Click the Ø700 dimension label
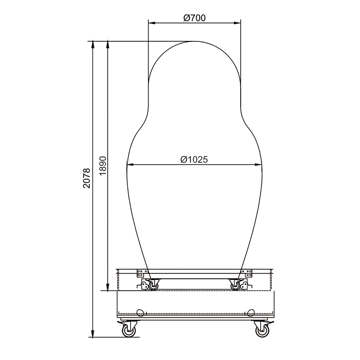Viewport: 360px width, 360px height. [x=194, y=18]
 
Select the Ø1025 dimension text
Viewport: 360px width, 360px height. [x=194, y=160]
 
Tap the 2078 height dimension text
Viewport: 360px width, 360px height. [x=87, y=178]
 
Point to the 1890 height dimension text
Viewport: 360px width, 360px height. [x=103, y=166]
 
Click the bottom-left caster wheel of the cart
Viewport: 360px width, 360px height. [x=129, y=331]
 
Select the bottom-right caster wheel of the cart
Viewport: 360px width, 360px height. [x=262, y=331]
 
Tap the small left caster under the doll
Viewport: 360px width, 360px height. [x=153, y=286]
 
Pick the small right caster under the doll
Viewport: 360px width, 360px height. [x=235, y=286]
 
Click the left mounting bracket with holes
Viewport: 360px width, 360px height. [x=142, y=273]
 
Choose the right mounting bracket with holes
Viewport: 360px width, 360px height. [x=246, y=273]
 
